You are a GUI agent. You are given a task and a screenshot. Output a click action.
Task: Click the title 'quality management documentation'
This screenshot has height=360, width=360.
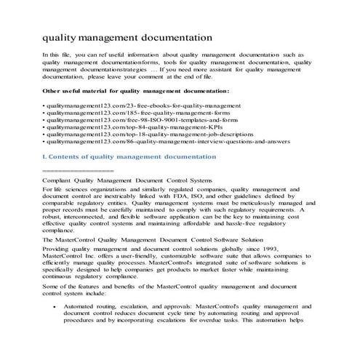(x=128, y=36)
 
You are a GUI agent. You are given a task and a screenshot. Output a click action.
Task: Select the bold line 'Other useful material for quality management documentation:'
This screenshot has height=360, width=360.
(x=137, y=91)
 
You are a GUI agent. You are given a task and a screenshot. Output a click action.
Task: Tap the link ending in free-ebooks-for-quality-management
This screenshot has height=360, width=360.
(x=116, y=105)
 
